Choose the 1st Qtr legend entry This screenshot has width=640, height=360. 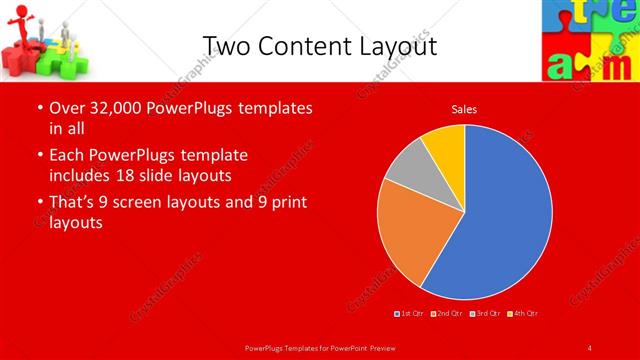[x=411, y=314]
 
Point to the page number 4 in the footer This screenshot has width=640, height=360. [x=590, y=347]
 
